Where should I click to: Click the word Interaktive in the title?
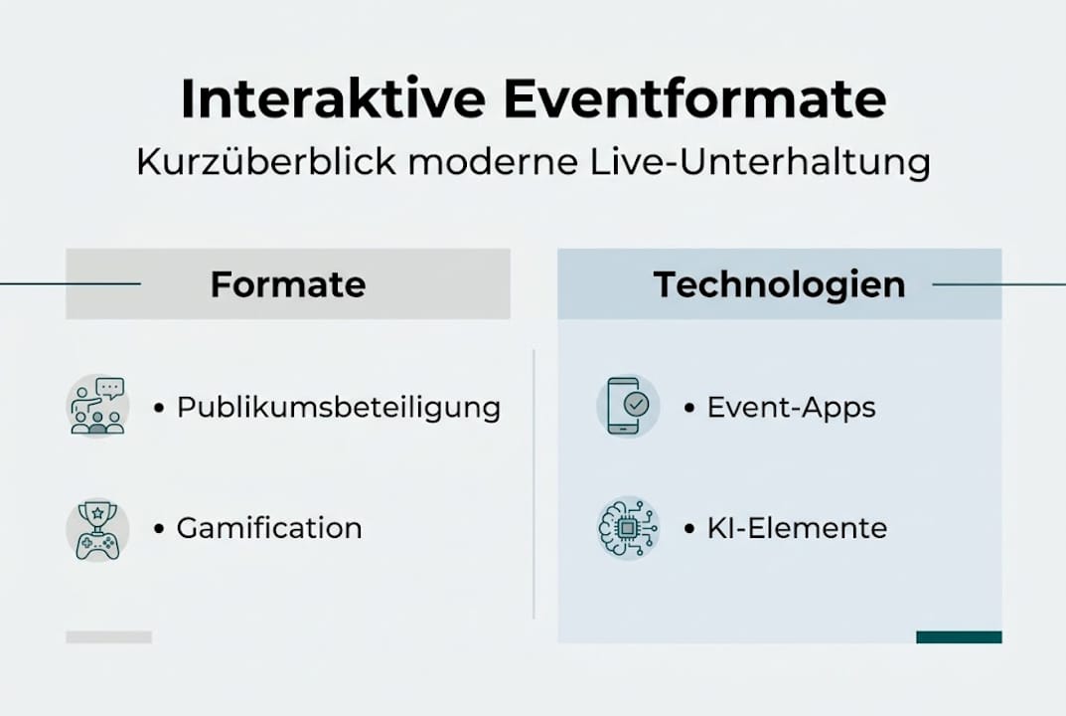point(334,99)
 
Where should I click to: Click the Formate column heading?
point(288,284)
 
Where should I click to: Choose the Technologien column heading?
point(779,284)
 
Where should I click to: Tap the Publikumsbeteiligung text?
point(339,407)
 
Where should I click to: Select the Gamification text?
point(269,527)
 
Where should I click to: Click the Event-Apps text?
point(792,407)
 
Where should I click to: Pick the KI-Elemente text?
point(797,527)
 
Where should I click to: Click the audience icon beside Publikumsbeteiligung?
point(97,407)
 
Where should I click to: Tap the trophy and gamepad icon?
point(97,528)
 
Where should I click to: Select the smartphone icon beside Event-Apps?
point(628,406)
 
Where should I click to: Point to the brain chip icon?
point(628,528)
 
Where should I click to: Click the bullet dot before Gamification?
point(159,528)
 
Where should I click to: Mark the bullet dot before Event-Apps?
point(689,408)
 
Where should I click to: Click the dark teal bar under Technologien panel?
point(959,636)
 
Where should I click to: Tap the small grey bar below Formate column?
point(108,636)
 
